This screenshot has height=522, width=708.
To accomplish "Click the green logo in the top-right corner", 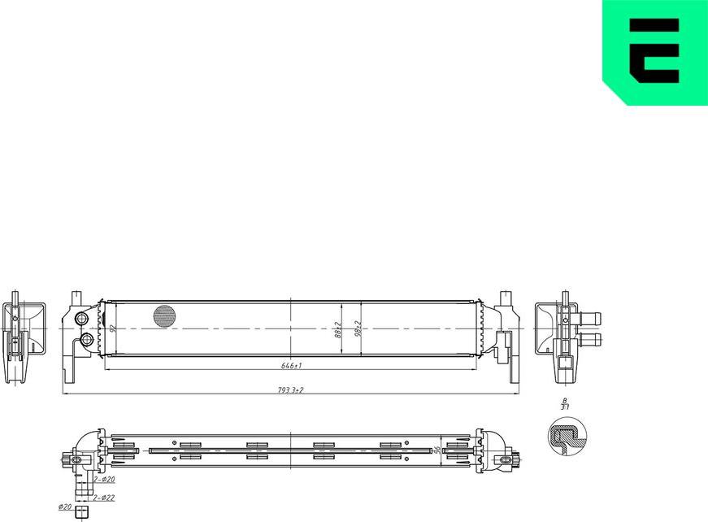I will point(655,50).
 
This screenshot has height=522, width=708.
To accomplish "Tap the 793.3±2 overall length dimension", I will point(290,390).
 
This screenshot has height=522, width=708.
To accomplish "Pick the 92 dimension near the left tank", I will point(112,328).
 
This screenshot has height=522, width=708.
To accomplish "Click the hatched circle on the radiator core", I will point(164,316).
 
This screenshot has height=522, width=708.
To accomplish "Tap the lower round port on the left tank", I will point(85,339).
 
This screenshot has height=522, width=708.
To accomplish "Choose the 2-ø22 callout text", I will point(103,497).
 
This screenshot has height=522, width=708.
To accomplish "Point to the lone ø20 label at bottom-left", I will point(64,507).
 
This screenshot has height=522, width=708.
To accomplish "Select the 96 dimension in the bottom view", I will point(437,450).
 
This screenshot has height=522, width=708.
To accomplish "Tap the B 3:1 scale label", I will point(563,405).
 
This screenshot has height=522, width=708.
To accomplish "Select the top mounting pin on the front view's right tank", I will point(505,294).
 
